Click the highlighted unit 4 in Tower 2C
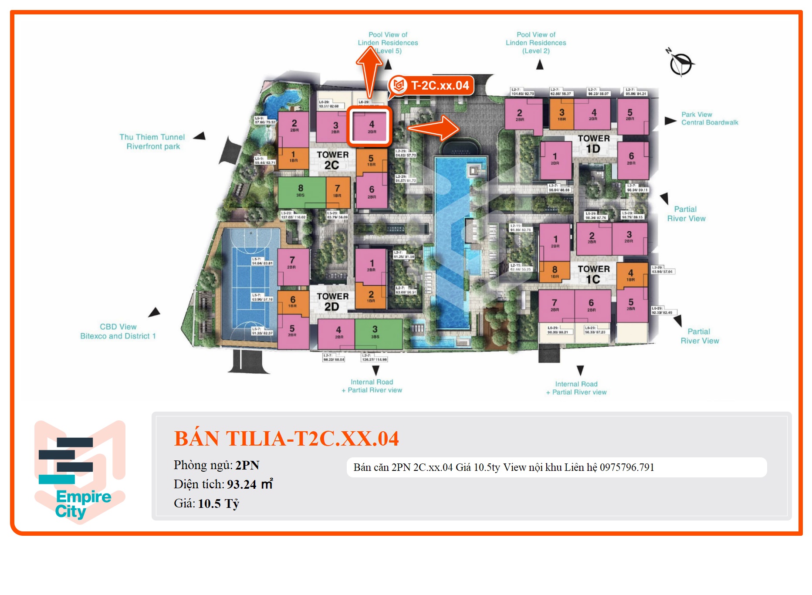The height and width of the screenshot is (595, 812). pyautogui.click(x=370, y=126)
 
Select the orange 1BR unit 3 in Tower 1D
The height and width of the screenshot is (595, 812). pyautogui.click(x=562, y=114)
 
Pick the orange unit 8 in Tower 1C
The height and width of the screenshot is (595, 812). pyautogui.click(x=555, y=271)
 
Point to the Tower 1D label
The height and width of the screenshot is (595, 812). pyautogui.click(x=593, y=144)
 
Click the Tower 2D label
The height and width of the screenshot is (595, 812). pyautogui.click(x=332, y=301)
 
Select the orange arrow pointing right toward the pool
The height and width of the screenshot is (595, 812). pyautogui.click(x=433, y=128)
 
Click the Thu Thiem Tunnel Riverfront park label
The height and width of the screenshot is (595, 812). pyautogui.click(x=152, y=142)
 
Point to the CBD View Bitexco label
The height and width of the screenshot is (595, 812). pyautogui.click(x=118, y=331)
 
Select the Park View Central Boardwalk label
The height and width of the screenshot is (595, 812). pyautogui.click(x=709, y=118)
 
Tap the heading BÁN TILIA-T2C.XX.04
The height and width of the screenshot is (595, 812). pyautogui.click(x=286, y=438)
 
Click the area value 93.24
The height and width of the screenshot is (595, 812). pyautogui.click(x=242, y=484)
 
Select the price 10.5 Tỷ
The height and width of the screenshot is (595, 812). pyautogui.click(x=219, y=504)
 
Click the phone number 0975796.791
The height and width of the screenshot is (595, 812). pyautogui.click(x=627, y=467)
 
